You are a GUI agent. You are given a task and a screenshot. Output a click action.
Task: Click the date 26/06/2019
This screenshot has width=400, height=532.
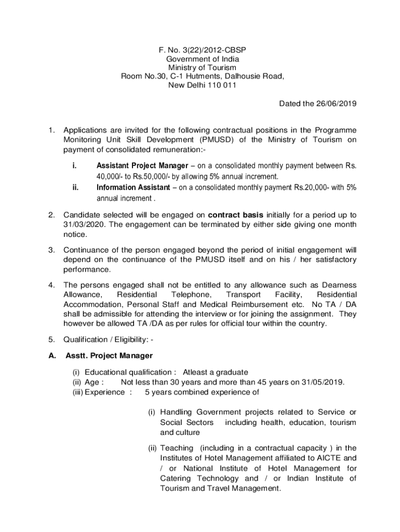click(x=334, y=103)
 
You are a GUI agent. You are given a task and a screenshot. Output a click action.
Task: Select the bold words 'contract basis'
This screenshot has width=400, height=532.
click(x=236, y=215)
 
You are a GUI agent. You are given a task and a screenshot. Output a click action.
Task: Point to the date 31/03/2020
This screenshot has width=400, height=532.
click(x=85, y=224)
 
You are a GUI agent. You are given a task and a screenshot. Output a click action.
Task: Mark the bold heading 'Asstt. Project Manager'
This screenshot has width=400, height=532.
click(x=109, y=356)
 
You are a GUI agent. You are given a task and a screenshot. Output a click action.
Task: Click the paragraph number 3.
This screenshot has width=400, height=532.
click(x=51, y=250)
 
